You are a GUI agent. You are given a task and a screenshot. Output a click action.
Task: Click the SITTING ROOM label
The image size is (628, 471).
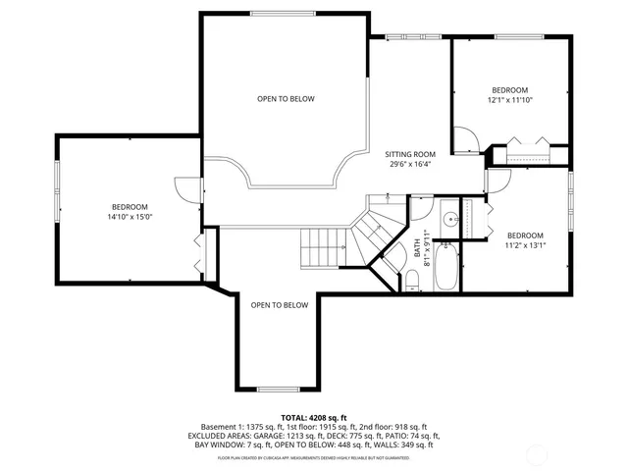click(410, 154)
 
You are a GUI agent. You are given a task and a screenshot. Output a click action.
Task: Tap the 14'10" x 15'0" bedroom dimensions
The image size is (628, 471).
click(130, 217)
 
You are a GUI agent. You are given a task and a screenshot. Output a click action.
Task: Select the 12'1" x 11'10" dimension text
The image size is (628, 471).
click(509, 99)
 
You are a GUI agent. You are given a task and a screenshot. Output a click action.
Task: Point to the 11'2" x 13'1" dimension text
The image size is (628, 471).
click(525, 246)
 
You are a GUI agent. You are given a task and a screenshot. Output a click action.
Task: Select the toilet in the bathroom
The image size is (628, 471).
click(413, 283)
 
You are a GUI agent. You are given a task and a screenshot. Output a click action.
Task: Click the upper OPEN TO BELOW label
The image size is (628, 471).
click(286, 99)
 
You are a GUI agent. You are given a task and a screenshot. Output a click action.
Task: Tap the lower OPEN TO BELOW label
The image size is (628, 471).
click(279, 305)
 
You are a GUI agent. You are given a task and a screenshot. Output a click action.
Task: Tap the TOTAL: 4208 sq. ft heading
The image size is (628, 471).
click(314, 417)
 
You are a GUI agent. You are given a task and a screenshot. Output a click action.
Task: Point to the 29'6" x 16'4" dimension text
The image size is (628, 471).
click(410, 165)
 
